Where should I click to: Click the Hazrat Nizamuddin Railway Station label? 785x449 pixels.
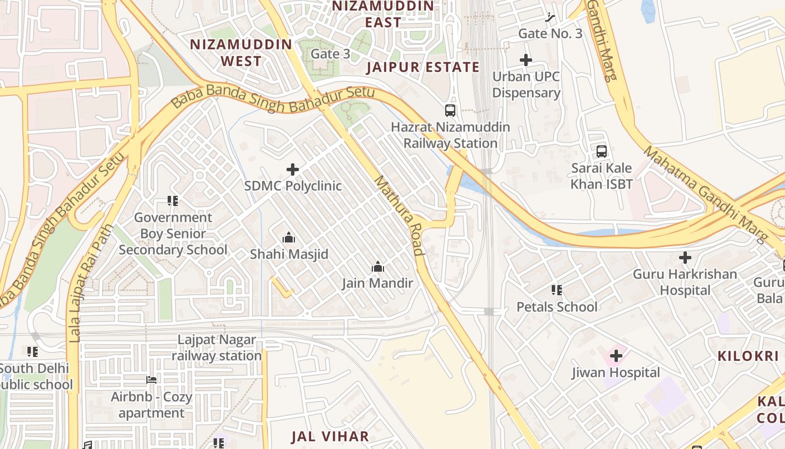click(450, 135)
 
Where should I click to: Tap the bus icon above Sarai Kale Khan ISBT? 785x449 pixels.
click(602, 152)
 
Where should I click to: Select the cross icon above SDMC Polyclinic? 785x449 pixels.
click(293, 169)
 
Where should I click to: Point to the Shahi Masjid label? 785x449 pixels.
click(289, 254)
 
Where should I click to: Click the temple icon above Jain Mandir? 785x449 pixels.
click(378, 267)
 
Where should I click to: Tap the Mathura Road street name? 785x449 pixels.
click(399, 216)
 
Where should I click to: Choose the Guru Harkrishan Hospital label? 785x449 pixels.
click(685, 282)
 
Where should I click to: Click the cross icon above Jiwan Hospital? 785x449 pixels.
click(616, 356)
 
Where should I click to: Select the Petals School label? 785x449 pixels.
click(557, 307)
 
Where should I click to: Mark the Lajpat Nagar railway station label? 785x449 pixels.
click(216, 348)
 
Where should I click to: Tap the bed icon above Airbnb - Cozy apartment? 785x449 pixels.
click(151, 380)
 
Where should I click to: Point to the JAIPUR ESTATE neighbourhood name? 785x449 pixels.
click(423, 67)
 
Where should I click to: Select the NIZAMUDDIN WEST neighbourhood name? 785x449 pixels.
click(241, 53)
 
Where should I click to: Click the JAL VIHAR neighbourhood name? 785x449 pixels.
click(330, 437)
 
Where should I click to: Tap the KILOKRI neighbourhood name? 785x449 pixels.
click(749, 356)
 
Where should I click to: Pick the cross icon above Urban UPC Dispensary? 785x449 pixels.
click(525, 60)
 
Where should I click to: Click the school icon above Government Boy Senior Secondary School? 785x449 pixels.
click(173, 201)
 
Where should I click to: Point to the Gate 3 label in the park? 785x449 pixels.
click(330, 54)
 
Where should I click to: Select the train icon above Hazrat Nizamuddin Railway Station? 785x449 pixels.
click(450, 111)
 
